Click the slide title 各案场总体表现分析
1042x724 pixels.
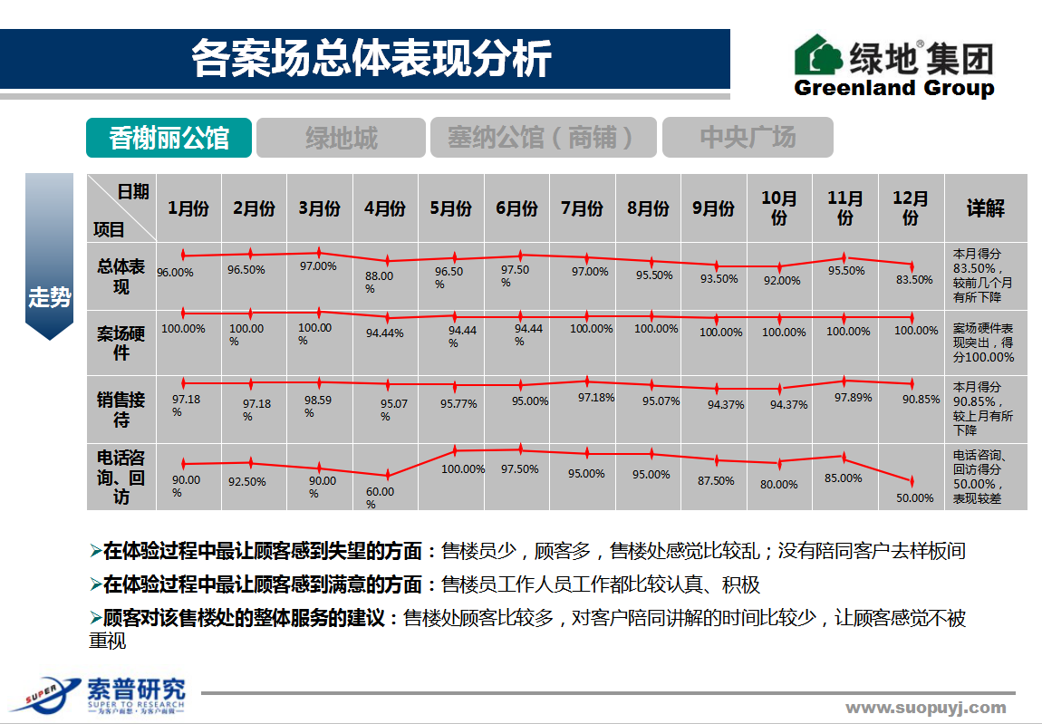click(371, 59)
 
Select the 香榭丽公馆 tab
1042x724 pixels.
click(169, 138)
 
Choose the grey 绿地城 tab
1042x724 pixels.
click(341, 138)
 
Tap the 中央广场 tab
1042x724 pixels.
click(748, 138)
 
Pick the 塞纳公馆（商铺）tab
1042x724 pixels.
click(540, 138)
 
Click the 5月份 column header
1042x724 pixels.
click(450, 208)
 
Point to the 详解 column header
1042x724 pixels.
click(985, 208)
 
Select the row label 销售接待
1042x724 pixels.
click(121, 410)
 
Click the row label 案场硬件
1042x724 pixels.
click(121, 343)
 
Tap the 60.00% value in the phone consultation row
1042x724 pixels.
click(380, 497)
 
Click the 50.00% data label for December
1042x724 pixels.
click(914, 497)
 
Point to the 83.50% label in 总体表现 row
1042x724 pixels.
click(914, 280)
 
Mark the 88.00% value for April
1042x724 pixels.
click(379, 282)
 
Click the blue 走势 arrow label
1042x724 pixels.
click(49, 296)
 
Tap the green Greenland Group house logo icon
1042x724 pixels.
click(818, 56)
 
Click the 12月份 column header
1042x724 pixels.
click(911, 208)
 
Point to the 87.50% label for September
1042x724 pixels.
click(716, 481)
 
